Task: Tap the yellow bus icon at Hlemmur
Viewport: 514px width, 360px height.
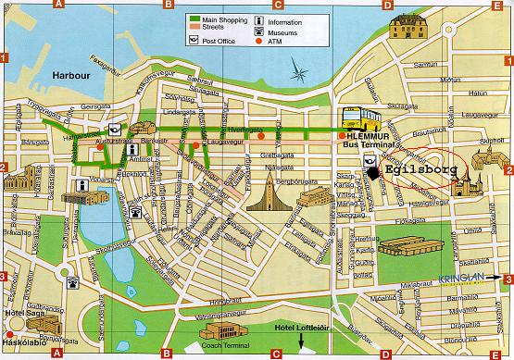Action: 360,118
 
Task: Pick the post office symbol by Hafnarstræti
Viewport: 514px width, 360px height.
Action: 112,130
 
